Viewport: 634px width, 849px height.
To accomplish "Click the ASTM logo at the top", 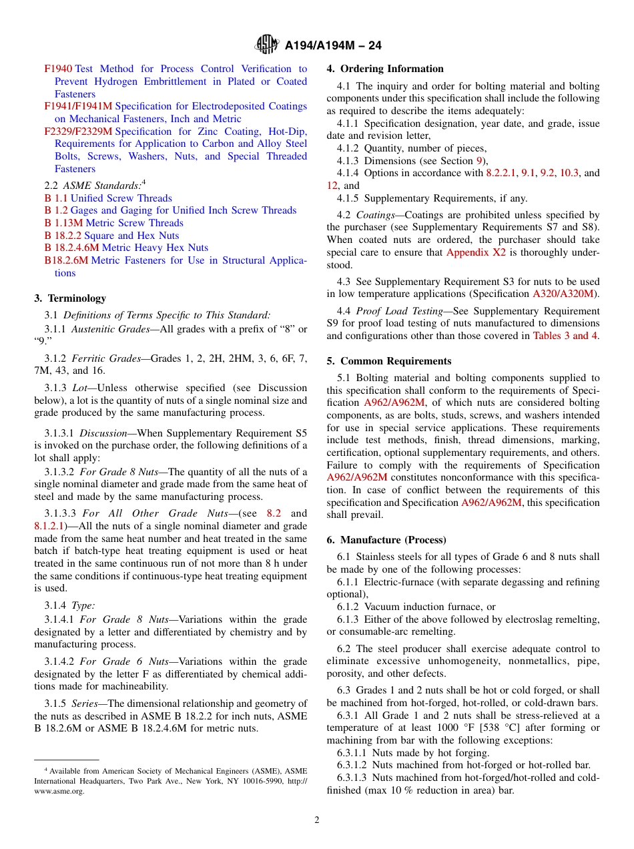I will point(267,45).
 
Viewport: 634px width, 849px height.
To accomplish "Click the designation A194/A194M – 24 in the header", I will point(333,46).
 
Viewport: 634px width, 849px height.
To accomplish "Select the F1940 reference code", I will point(58,69).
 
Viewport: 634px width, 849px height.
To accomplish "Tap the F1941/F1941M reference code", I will point(78,106).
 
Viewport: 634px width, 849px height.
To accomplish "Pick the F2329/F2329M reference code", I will point(78,131).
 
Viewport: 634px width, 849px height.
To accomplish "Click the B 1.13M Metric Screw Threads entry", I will point(113,223).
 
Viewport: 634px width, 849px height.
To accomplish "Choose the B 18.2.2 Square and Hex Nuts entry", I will point(111,236).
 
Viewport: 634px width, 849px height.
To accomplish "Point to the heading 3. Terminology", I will point(70,298).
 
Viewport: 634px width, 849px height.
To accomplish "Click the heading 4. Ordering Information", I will point(385,69).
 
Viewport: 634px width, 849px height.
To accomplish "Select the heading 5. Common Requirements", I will point(389,361).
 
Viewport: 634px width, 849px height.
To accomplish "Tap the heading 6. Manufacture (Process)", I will point(386,539).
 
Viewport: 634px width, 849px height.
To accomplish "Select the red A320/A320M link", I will point(566,294).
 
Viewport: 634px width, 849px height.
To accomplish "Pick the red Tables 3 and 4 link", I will point(565,336).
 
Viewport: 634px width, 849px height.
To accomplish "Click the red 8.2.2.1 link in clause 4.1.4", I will point(505,173).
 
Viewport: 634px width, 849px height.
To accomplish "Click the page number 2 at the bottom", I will point(317,820).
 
